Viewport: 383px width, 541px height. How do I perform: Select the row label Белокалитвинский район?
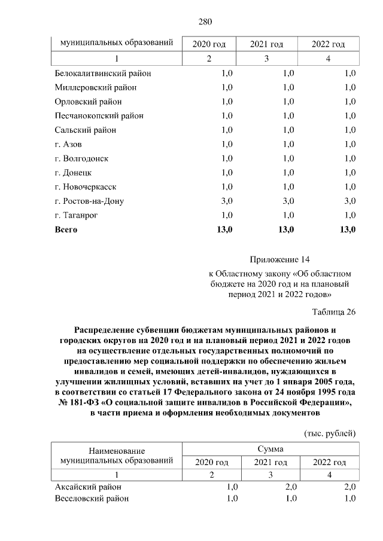pyautogui.click(x=102, y=73)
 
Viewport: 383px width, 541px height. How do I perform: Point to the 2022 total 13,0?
pyautogui.click(x=346, y=230)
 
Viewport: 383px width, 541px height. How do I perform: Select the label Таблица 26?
pyautogui.click(x=334, y=311)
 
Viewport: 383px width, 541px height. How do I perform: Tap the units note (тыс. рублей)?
pyautogui.click(x=330, y=433)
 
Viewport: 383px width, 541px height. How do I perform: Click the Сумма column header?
pyautogui.click(x=270, y=448)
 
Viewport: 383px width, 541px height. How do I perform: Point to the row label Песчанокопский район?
pyautogui.click(x=99, y=115)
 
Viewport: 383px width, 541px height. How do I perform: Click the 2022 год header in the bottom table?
pyautogui.click(x=329, y=462)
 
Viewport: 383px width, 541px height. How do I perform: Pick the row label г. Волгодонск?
pyautogui.click(x=81, y=158)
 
